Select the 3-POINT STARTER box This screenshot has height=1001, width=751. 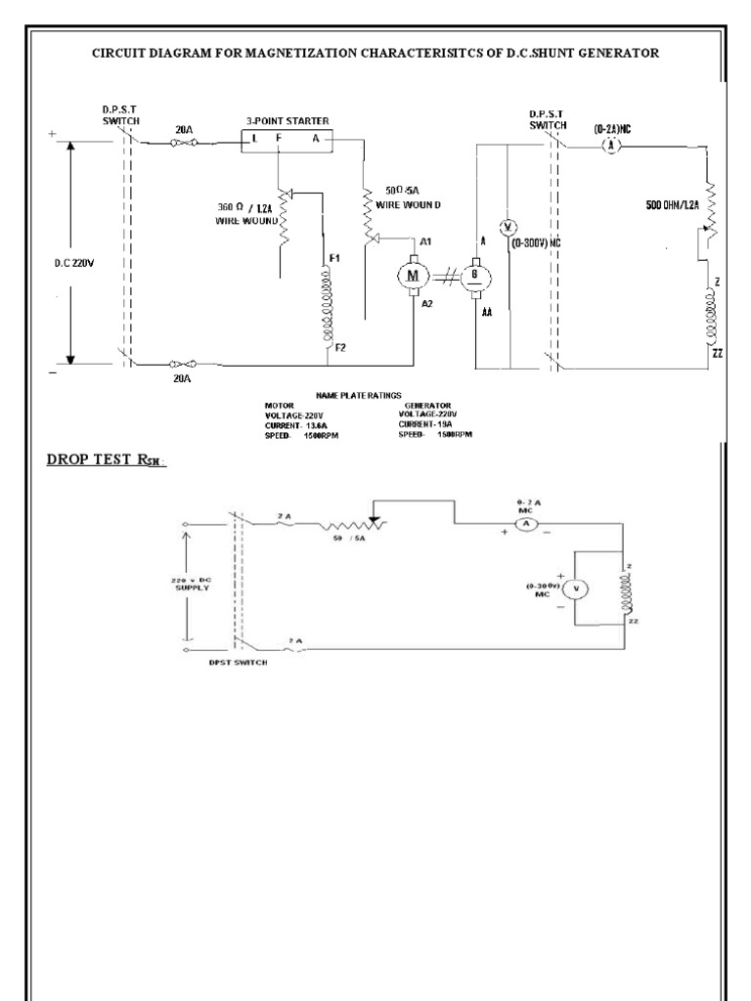[288, 140]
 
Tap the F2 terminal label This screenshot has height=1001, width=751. [340, 347]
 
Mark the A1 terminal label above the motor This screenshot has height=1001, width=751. [425, 241]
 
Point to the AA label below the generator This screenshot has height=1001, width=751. [486, 315]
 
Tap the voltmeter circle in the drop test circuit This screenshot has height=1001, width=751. [577, 588]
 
